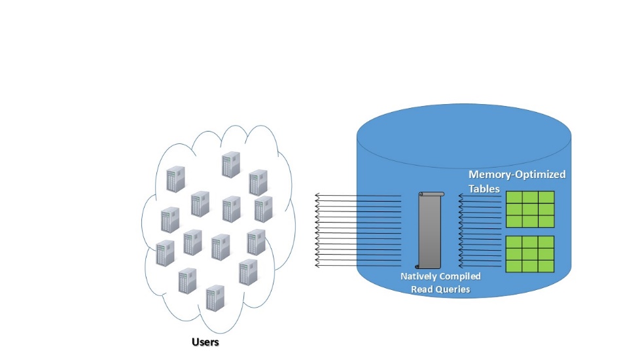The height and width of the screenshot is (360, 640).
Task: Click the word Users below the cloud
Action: click(205, 342)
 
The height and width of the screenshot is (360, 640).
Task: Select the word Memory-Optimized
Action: click(517, 175)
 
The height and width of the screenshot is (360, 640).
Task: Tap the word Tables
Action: click(484, 189)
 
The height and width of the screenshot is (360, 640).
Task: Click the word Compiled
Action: click(461, 277)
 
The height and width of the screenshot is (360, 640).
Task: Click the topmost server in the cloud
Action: click(231, 164)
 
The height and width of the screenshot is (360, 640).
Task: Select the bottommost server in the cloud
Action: click(215, 298)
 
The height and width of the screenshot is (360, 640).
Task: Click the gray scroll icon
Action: click(429, 230)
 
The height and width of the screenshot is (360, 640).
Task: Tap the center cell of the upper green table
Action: click(530, 209)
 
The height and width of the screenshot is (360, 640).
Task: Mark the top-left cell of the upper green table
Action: click(514, 198)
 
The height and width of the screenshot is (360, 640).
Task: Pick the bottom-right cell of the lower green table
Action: click(546, 266)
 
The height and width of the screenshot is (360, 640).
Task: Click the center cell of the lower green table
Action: click(530, 254)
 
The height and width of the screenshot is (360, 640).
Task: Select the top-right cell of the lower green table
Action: click(546, 242)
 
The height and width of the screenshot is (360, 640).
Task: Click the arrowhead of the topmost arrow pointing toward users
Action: click(316, 196)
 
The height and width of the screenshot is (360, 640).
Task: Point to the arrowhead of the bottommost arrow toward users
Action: click(316, 265)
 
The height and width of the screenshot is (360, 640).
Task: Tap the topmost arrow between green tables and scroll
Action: click(480, 196)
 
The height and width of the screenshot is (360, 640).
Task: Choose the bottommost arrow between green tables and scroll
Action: click(480, 266)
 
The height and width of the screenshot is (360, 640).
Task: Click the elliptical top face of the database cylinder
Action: click(464, 135)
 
